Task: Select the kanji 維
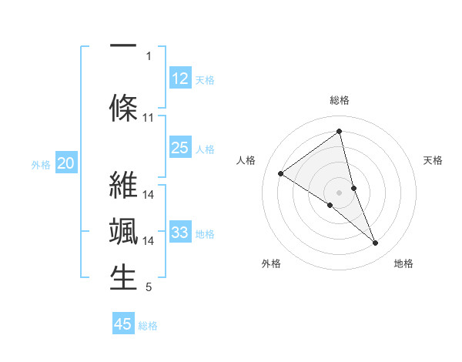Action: tap(123, 186)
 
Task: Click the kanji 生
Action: tap(123, 278)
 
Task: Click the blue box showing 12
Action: tap(179, 79)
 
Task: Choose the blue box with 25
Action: tap(179, 148)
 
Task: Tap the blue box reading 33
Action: tap(179, 233)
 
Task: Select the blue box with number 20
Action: tap(66, 163)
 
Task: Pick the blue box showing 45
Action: tap(123, 324)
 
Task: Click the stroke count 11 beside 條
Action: tap(149, 118)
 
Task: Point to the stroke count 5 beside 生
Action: tap(149, 288)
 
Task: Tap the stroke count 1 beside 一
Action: tap(149, 55)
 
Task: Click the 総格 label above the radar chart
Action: tap(339, 100)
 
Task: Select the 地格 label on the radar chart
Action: tap(403, 263)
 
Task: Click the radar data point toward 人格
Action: tap(281, 173)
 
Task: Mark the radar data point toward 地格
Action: tap(376, 243)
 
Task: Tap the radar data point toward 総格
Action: tap(339, 132)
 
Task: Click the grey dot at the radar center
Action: tap(339, 192)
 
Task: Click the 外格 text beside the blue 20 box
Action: tap(41, 164)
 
